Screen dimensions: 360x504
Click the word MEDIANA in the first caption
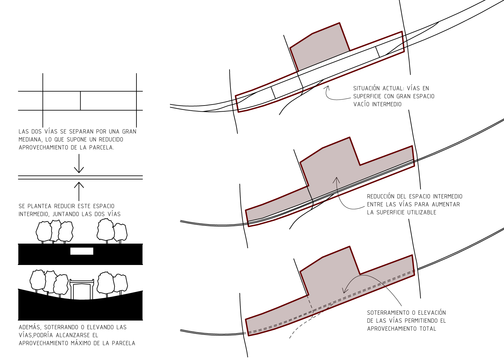[29, 139]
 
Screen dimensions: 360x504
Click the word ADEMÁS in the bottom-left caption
[30, 327]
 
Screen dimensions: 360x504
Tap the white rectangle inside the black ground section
[82, 251]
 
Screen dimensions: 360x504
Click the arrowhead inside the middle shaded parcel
[336, 180]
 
